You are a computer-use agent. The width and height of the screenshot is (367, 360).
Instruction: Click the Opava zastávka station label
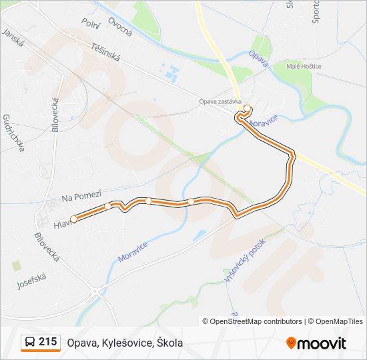tap(219, 102)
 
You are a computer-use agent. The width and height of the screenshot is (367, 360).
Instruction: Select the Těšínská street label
tap(105, 53)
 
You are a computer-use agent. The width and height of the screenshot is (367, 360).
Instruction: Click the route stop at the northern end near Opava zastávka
tap(248, 108)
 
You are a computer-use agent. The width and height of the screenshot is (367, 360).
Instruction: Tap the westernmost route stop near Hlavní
tap(74, 218)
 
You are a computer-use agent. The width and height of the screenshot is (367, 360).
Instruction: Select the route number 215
tap(47, 342)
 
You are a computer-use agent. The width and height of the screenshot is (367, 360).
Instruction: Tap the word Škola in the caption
tap(169, 343)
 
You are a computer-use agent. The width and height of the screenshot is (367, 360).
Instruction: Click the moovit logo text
tap(322, 343)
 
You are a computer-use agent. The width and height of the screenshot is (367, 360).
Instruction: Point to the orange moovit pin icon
tap(291, 343)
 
